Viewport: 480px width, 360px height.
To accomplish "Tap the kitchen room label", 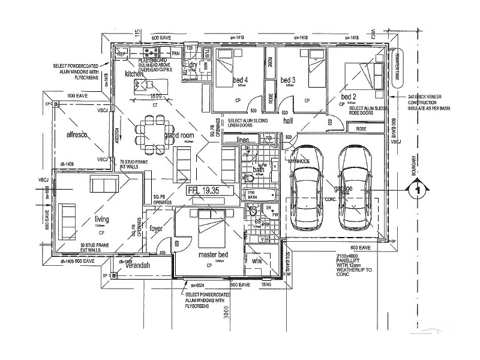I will pos(134,74).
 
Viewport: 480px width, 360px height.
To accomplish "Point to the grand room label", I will pos(179,136).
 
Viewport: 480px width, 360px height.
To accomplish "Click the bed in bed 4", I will pos(229,66).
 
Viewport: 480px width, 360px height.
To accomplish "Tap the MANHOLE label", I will pos(298,161).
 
